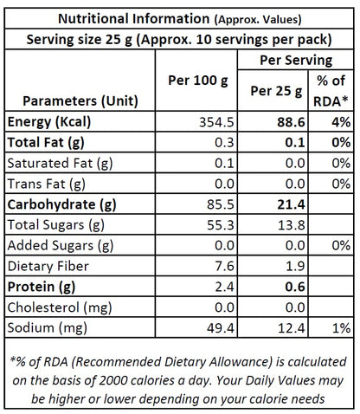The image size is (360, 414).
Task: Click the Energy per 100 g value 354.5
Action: (216, 122)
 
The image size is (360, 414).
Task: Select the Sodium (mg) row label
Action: (47, 328)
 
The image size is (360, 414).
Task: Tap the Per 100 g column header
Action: (198, 81)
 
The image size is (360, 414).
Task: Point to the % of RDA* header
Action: (331, 91)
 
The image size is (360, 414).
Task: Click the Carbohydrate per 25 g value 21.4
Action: (291, 204)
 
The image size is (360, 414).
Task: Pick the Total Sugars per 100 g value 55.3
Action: (220, 225)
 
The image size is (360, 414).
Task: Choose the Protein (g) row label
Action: (42, 287)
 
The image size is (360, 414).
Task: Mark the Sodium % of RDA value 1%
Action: (342, 328)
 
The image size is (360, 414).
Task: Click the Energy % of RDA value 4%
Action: (341, 122)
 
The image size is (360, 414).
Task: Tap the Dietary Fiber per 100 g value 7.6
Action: (224, 266)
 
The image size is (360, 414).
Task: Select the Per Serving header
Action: (296, 61)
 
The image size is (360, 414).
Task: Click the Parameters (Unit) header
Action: (80, 101)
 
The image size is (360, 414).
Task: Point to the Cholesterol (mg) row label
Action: (60, 307)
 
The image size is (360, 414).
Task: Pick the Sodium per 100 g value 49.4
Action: (221, 328)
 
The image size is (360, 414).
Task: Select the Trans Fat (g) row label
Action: (46, 184)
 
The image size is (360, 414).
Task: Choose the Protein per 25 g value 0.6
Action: (295, 287)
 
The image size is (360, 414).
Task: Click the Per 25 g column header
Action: (276, 91)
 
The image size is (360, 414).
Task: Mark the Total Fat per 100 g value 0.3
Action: (224, 143)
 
